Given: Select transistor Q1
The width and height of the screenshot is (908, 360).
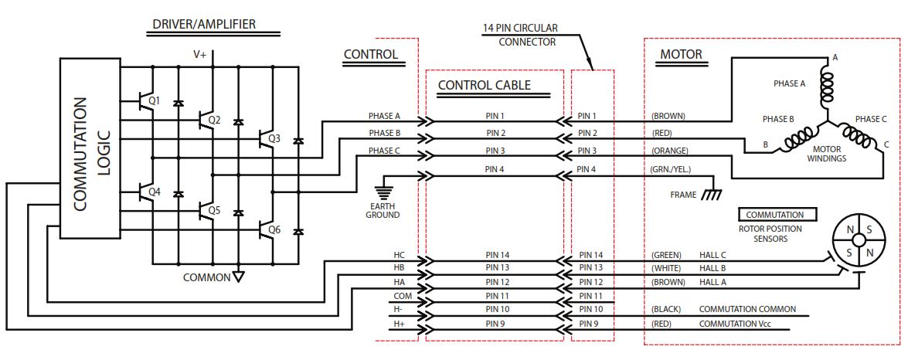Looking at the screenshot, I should [x=145, y=101].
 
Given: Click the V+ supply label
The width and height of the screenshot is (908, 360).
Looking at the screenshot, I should [x=201, y=54].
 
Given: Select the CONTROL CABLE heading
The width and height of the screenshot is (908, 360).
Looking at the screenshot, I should [x=484, y=85].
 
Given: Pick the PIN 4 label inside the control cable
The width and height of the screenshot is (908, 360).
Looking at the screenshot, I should [x=495, y=169].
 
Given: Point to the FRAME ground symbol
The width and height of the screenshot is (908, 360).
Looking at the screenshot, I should [x=709, y=195].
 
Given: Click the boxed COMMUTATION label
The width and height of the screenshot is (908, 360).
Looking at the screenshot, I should [x=774, y=215].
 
